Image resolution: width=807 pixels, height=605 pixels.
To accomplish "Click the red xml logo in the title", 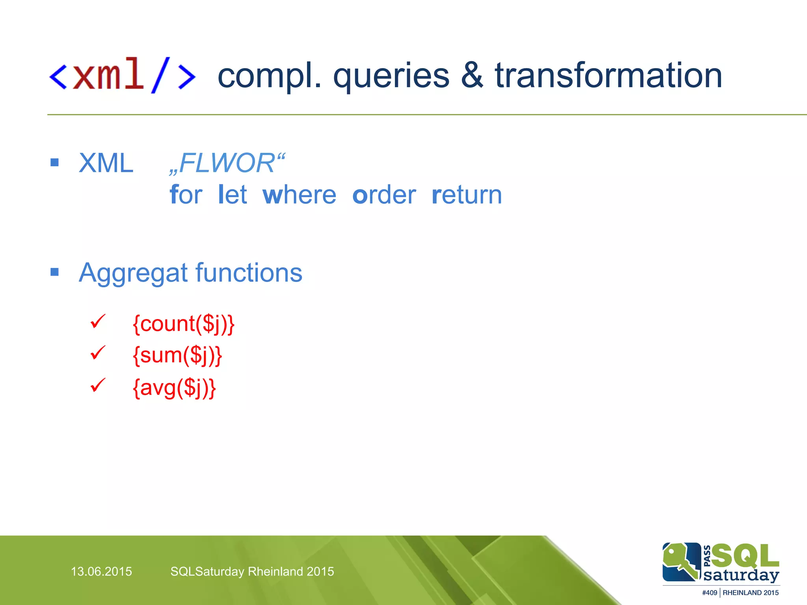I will coord(122,75).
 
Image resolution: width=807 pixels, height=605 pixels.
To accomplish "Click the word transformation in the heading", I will coord(608,76).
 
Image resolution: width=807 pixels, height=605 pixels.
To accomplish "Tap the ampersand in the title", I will coord(472,76).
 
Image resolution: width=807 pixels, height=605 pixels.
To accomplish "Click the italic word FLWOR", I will coord(227,163).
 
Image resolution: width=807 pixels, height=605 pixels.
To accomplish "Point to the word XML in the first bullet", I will coord(106,163).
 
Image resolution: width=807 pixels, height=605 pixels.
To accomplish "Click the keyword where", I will coord(299,195).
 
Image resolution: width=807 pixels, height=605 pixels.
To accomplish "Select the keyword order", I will coord(384,195).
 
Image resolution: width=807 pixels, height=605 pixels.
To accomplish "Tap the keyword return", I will coord(467,195).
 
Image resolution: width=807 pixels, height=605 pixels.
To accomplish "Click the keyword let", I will coord(232,195).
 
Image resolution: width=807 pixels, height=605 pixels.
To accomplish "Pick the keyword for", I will coord(186,195).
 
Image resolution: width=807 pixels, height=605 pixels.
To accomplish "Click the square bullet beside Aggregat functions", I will coord(55,272).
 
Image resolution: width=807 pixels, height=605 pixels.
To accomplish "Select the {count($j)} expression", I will coord(184,324).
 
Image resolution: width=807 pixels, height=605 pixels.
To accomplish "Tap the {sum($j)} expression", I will coord(177,356).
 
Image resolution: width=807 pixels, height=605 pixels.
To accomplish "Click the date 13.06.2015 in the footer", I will coord(101,572).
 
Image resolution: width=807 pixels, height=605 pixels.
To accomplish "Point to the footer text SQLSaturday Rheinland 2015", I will coord(252,572).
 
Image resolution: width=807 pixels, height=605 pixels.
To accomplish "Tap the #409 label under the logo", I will coord(709,593).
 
